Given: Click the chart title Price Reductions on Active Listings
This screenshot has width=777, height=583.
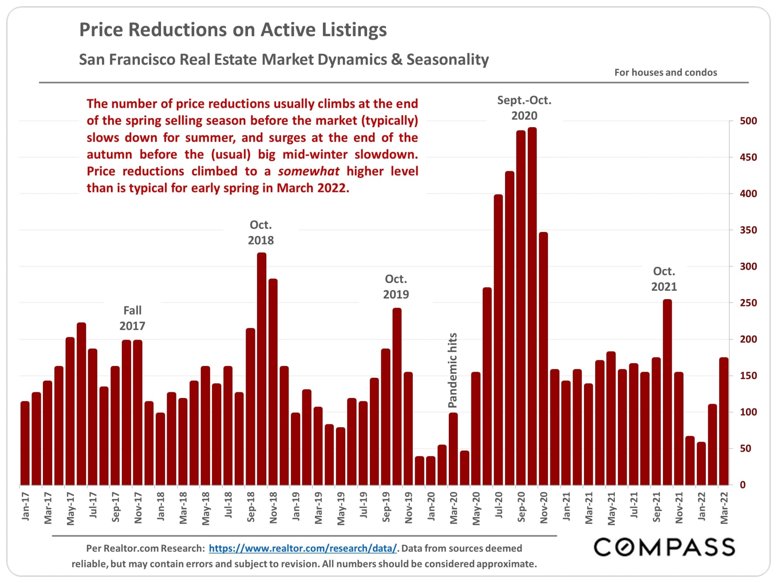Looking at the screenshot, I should [x=233, y=30].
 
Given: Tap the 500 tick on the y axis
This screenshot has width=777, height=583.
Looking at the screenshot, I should [x=748, y=121].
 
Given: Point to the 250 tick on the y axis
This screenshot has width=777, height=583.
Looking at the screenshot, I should [x=748, y=303].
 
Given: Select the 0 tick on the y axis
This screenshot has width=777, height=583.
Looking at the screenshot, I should [x=743, y=485].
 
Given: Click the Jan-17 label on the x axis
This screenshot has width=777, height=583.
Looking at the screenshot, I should [x=25, y=506].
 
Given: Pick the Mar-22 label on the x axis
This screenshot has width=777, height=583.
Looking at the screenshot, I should [x=724, y=508].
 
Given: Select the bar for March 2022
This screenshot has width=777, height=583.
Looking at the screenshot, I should [x=724, y=421].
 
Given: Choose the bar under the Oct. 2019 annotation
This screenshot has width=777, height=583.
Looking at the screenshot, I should [x=397, y=396].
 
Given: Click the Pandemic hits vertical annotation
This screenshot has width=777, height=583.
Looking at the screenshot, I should [x=452, y=370].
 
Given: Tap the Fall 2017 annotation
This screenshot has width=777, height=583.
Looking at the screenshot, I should [x=132, y=318].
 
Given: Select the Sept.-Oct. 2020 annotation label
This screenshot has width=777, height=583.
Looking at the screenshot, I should [x=524, y=108].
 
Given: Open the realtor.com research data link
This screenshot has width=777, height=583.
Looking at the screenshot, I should [x=303, y=548].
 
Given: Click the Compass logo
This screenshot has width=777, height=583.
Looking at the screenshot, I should [x=664, y=547].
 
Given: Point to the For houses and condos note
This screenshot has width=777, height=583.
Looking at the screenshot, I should [x=665, y=72].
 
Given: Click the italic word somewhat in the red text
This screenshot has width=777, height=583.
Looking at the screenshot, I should [x=308, y=171].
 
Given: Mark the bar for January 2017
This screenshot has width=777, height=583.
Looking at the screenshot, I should [x=25, y=443].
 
